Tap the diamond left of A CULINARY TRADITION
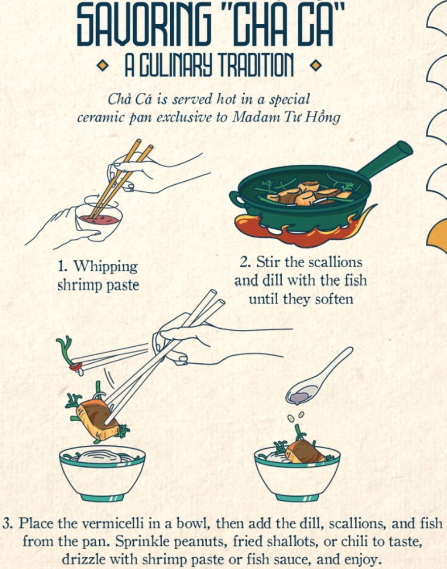[x=102, y=66]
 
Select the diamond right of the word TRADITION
[x=316, y=66]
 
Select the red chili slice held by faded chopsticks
[x=75, y=366]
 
